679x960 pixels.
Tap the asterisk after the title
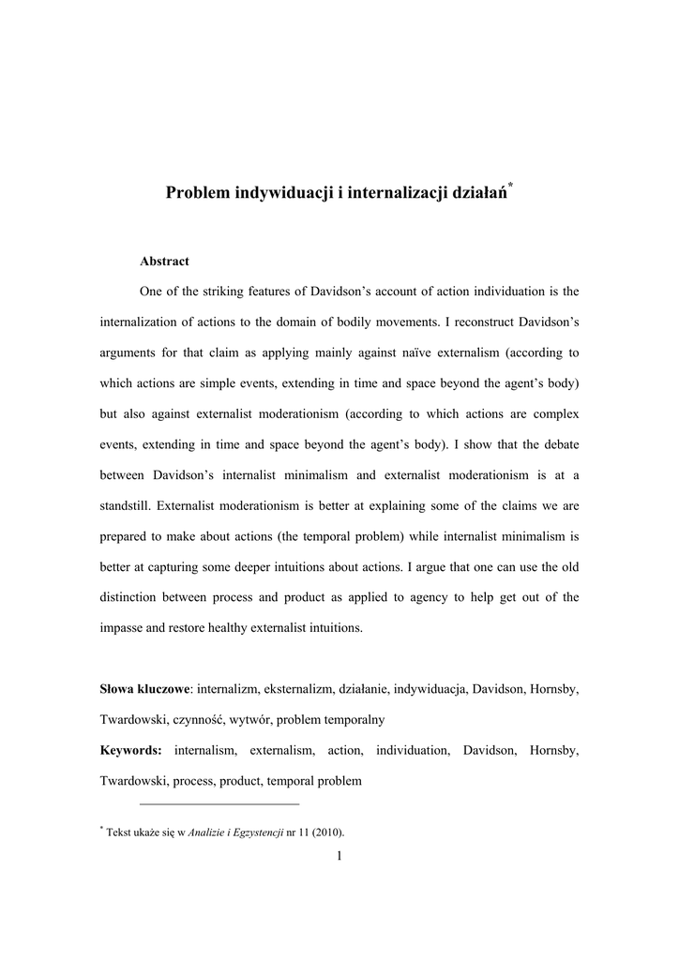(x=511, y=187)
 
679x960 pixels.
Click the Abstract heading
(x=164, y=262)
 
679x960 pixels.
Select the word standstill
(x=126, y=505)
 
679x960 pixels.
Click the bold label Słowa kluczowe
(x=144, y=689)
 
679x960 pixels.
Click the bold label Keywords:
(x=131, y=750)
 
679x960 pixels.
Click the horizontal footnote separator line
(x=219, y=803)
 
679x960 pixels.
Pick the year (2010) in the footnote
(x=327, y=832)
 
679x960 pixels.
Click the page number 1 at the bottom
(x=339, y=854)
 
